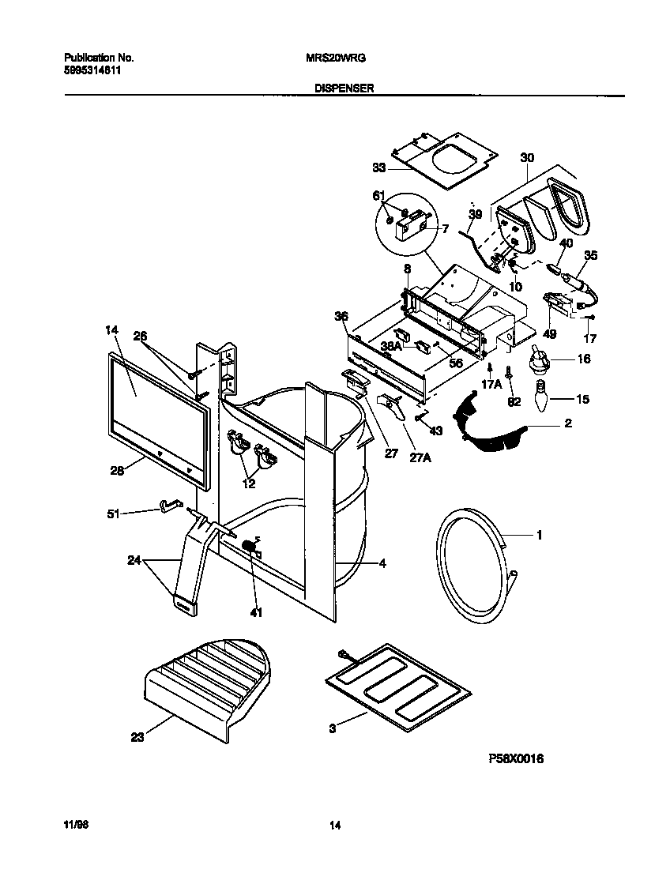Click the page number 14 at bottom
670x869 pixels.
(335, 826)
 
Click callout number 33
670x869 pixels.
(378, 167)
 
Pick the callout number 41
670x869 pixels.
(254, 611)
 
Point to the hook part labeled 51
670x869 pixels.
(170, 504)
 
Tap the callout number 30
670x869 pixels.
(527, 158)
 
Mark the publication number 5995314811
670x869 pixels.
(92, 70)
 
